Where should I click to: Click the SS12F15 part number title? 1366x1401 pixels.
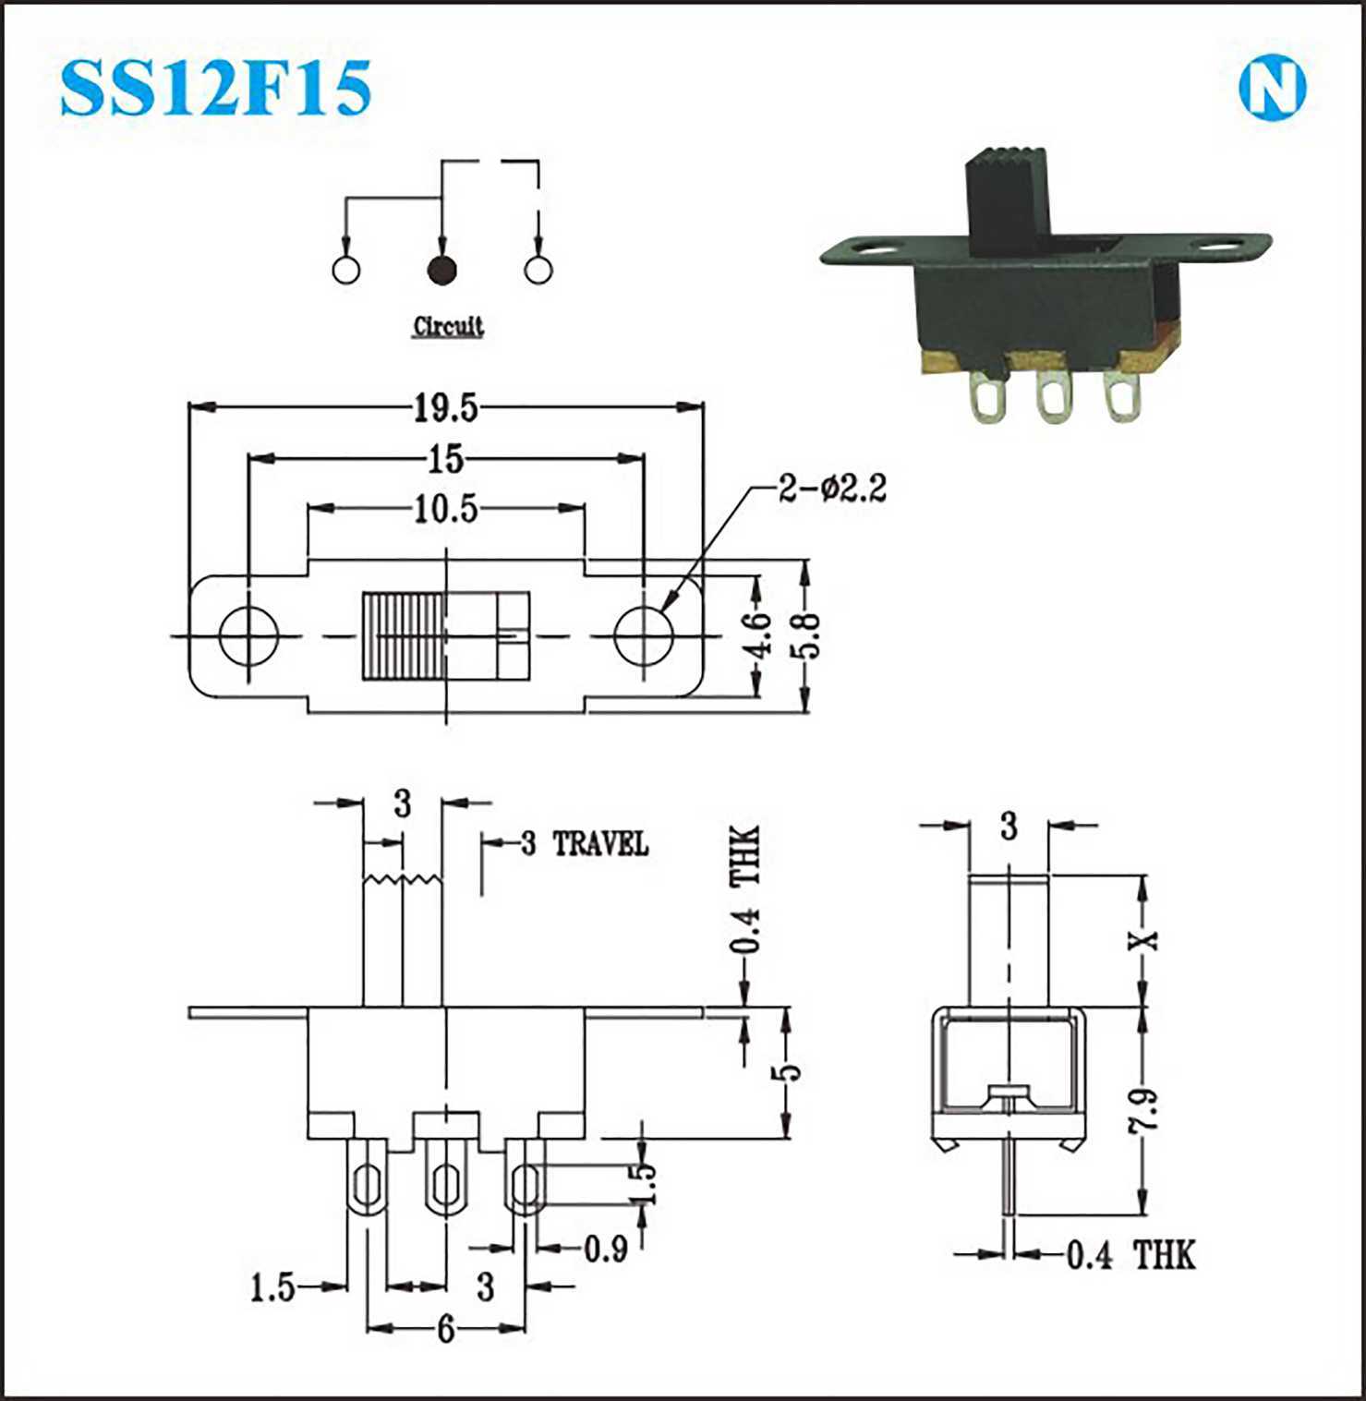(x=215, y=88)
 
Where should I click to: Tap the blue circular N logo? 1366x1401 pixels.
(x=1272, y=89)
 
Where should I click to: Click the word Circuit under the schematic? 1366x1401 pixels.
(x=448, y=326)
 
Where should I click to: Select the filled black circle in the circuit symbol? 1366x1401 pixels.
(x=441, y=270)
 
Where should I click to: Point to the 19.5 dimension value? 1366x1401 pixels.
(x=445, y=407)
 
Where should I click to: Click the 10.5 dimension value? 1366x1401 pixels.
(x=445, y=509)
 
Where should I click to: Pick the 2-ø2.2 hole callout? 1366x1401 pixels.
(x=832, y=488)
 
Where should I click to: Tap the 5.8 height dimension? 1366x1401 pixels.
(x=808, y=634)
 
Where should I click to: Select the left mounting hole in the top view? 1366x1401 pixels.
(x=248, y=635)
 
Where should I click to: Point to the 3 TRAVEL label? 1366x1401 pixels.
(x=584, y=843)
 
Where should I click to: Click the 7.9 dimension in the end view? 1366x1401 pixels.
(x=1146, y=1111)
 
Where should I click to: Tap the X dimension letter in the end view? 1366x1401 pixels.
(x=1146, y=940)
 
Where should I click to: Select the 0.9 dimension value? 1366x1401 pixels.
(x=605, y=1250)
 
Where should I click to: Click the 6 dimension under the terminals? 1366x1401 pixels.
(x=446, y=1330)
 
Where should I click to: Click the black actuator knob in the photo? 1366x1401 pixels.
(x=1011, y=198)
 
